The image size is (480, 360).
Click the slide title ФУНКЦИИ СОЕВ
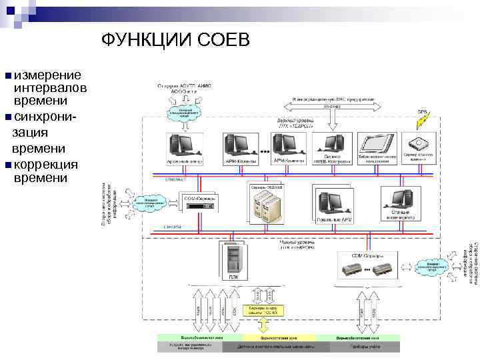coord(176,41)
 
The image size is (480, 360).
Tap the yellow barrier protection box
coord(265,310)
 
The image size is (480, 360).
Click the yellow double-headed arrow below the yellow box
coord(265,325)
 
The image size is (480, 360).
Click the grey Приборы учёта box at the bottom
coord(366,347)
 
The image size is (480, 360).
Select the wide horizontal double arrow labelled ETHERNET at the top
coord(332,106)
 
